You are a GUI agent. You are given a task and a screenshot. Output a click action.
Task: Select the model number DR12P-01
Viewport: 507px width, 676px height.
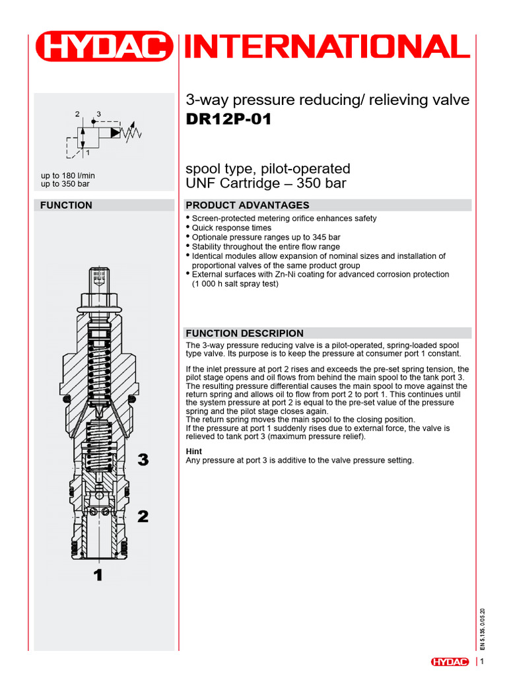[x=228, y=120]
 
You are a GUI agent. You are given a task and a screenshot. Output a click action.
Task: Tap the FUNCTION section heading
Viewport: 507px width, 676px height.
[x=66, y=205]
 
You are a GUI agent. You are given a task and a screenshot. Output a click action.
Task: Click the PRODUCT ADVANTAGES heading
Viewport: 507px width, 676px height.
[x=248, y=205]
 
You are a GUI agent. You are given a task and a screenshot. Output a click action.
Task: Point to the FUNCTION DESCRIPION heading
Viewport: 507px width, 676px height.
[x=245, y=333]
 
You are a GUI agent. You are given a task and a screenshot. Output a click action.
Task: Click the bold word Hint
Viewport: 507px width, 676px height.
[x=194, y=452]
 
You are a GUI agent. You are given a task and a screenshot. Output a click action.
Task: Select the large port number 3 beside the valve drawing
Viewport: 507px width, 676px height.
[x=143, y=460]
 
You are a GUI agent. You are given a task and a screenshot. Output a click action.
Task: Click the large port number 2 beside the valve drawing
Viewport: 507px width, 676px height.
[x=143, y=516]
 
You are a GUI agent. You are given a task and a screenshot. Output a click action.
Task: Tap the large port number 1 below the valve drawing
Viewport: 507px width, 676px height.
[x=98, y=575]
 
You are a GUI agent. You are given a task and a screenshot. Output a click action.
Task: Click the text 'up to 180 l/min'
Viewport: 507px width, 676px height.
[x=68, y=175]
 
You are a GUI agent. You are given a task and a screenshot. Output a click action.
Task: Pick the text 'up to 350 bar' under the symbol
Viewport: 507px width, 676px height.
[x=65, y=184]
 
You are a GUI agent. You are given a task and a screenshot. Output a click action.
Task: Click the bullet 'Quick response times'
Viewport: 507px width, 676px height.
[x=232, y=228]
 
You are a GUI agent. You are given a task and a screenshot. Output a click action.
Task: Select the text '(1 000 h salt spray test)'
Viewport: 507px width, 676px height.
[x=235, y=284]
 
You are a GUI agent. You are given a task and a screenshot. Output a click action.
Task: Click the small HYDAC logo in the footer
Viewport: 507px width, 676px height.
[x=450, y=661]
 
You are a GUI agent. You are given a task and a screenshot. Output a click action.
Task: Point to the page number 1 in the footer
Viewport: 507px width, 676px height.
[x=483, y=661]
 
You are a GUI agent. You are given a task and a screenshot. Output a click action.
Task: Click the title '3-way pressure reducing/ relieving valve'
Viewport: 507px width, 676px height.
[x=328, y=100]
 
